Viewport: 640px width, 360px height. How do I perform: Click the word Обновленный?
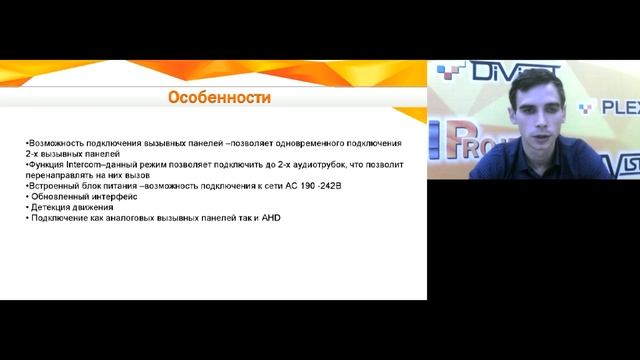coord(58,197)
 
